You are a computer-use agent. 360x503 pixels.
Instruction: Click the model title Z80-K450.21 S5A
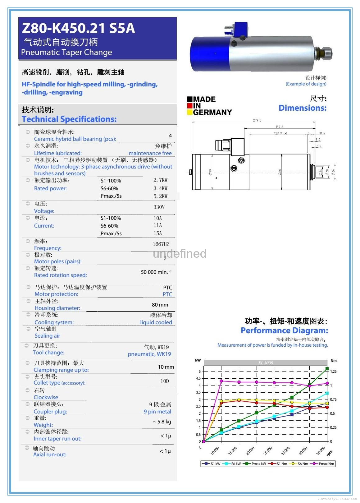tap(78, 28)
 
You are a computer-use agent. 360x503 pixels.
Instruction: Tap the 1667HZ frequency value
tap(161, 244)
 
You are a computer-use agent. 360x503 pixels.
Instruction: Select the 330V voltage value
tap(159, 207)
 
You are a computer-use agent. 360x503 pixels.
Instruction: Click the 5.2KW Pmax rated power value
tap(160, 196)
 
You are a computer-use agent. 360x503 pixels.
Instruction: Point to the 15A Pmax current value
tap(157, 233)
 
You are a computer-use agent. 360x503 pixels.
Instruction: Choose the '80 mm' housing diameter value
tap(160, 305)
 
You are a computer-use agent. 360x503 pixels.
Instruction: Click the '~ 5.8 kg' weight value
tap(162, 422)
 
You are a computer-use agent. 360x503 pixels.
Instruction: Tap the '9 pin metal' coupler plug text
tap(157, 412)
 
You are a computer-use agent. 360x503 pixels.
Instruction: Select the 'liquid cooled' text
tap(156, 322)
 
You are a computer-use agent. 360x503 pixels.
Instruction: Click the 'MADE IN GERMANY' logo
tap(209, 106)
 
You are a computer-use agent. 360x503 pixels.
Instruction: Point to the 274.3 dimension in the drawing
tap(257, 120)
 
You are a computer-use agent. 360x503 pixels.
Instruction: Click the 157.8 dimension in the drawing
tap(279, 127)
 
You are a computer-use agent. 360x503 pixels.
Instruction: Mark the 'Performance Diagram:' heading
tap(284, 330)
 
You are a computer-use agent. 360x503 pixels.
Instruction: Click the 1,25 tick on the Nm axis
tap(333, 371)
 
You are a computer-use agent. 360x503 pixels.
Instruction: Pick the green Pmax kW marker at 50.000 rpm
tap(327, 369)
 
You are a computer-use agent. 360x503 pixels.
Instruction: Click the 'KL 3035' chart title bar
tap(266, 363)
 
